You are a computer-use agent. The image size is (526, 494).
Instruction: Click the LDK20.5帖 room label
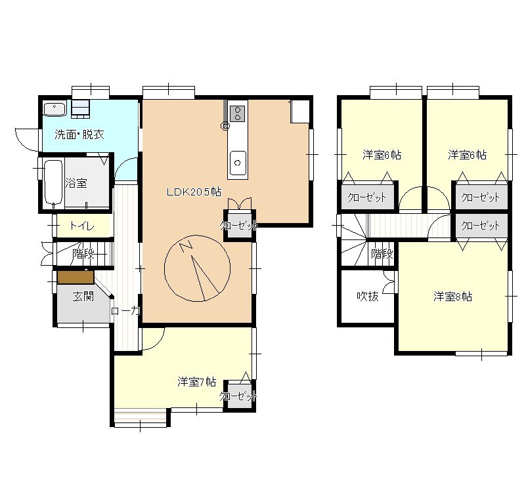pos(194,192)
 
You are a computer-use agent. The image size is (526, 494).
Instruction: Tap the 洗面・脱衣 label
pos(79,134)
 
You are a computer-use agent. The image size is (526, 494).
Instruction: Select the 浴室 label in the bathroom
pos(76,182)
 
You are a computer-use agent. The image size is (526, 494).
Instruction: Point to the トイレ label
pos(82,226)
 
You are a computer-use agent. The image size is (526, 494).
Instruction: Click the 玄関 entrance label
pos(83,297)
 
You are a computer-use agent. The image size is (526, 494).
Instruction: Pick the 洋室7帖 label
pos(196,382)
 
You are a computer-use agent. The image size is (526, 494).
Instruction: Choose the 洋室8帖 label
pos(452,297)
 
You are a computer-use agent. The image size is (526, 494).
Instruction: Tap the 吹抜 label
pos(368,297)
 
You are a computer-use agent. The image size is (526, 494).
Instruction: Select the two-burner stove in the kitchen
pos(238,113)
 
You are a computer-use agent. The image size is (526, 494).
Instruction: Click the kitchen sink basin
pos(238,163)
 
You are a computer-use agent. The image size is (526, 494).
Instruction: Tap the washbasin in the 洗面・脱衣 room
pos(55,109)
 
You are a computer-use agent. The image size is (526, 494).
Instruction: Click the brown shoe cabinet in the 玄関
pos(76,278)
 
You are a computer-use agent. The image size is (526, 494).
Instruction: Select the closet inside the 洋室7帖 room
pos(239,396)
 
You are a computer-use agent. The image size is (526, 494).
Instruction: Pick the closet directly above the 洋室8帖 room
pos(481,226)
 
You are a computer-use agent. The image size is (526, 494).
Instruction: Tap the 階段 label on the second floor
pos(382,254)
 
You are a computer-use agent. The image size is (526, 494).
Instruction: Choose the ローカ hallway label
pos(125,311)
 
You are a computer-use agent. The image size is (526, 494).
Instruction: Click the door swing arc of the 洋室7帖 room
pos(158,343)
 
